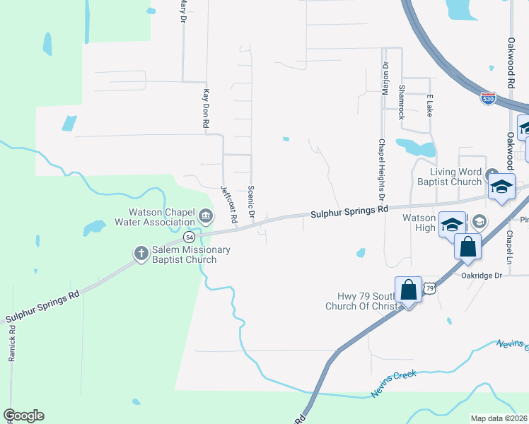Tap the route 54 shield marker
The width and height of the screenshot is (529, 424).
[190, 236]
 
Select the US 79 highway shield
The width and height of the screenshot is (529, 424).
[429, 288]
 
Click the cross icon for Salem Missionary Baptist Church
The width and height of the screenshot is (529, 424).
[140, 252]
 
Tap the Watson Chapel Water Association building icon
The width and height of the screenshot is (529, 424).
[206, 216]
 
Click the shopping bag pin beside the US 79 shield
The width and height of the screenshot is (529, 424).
[408, 290]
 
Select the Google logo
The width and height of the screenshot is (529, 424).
[23, 415]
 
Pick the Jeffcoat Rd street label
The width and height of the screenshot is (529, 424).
[227, 204]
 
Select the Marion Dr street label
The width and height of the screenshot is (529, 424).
[386, 78]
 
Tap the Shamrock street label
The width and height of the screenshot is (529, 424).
[402, 102]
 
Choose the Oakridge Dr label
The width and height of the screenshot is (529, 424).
[482, 276]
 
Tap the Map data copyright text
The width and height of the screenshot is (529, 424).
[499, 418]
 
